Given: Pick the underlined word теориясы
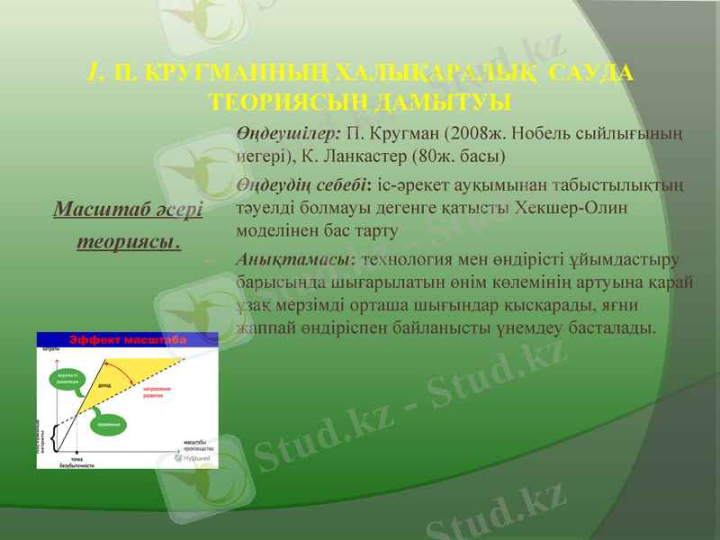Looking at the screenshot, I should (128, 241).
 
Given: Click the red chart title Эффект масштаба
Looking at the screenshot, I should (127, 339).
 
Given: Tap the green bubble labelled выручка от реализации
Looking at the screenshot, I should (68, 378).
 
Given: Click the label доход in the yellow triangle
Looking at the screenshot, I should (105, 384).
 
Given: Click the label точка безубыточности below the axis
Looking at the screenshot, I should (76, 462).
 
